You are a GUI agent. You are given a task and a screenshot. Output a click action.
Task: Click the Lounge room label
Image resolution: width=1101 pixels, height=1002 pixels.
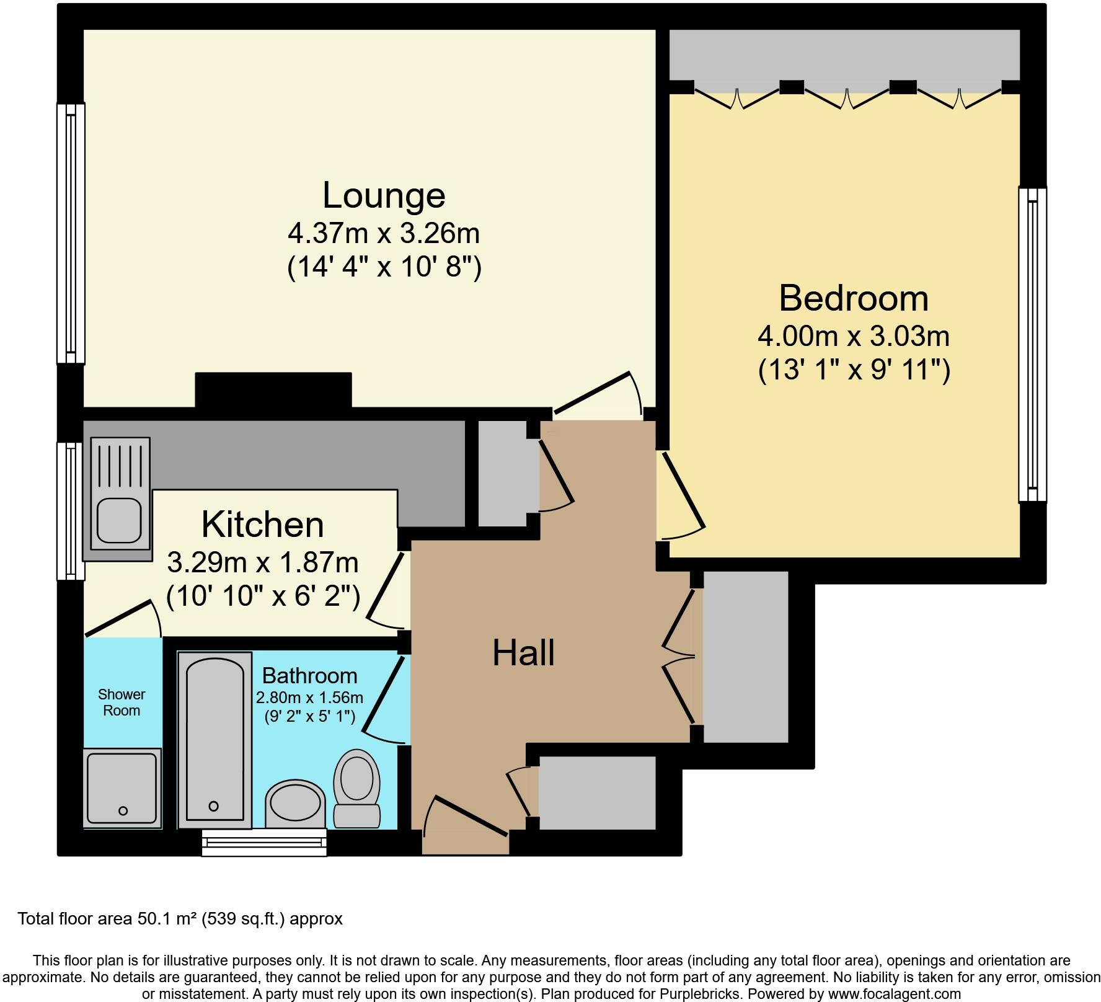pyautogui.click(x=384, y=195)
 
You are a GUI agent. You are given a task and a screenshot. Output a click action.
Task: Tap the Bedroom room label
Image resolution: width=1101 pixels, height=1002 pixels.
pyautogui.click(x=853, y=298)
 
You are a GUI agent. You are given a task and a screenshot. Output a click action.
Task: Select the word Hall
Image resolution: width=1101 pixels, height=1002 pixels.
pyautogui.click(x=523, y=653)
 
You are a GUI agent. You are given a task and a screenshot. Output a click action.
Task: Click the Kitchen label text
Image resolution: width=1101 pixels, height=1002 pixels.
pyautogui.click(x=262, y=525)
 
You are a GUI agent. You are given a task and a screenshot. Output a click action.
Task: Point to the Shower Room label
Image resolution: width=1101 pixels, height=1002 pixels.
pyautogui.click(x=122, y=703)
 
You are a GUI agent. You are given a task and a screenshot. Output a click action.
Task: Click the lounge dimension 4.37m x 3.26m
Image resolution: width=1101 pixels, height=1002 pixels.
pyautogui.click(x=384, y=234)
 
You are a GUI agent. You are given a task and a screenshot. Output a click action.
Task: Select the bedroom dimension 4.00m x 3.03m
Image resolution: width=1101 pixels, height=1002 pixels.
pyautogui.click(x=853, y=337)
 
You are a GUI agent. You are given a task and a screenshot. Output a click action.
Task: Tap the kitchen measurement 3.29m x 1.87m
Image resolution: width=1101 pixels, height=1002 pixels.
pyautogui.click(x=263, y=563)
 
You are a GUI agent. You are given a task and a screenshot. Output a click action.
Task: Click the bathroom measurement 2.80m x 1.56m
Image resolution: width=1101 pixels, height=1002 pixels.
pyautogui.click(x=309, y=698)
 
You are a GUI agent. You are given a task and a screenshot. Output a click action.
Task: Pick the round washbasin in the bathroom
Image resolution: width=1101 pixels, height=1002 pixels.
pyautogui.click(x=296, y=804)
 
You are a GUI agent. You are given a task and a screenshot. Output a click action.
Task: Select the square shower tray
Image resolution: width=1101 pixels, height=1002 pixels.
pyautogui.click(x=122, y=788)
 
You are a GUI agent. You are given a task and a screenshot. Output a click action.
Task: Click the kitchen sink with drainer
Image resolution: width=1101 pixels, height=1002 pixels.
pyautogui.click(x=120, y=494)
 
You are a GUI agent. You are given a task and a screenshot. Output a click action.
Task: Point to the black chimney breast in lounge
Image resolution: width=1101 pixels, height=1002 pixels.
pyautogui.click(x=273, y=389)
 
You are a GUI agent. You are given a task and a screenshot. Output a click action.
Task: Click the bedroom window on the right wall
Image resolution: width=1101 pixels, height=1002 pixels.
pyautogui.click(x=1032, y=345)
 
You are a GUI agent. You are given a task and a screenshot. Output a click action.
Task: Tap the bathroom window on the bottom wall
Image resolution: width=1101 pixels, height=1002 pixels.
pyautogui.click(x=264, y=843)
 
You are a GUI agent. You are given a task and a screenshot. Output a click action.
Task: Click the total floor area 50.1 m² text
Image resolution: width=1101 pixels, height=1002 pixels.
pyautogui.click(x=180, y=918)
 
